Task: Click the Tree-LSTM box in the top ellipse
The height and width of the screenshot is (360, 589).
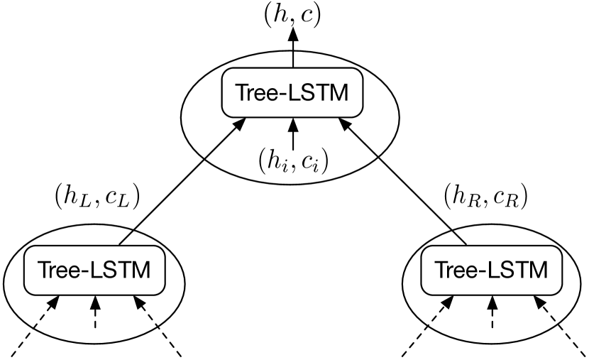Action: pyautogui.click(x=292, y=93)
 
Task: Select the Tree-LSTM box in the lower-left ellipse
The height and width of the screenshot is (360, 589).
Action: pyautogui.click(x=95, y=270)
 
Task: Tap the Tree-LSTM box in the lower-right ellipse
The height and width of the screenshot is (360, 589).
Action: pyautogui.click(x=491, y=270)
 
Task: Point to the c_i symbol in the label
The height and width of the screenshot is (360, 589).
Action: pyautogui.click(x=309, y=162)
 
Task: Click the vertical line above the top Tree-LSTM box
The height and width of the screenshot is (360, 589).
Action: pyautogui.click(x=292, y=60)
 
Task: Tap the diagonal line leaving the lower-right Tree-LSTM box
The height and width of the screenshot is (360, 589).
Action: pyautogui.click(x=459, y=237)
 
